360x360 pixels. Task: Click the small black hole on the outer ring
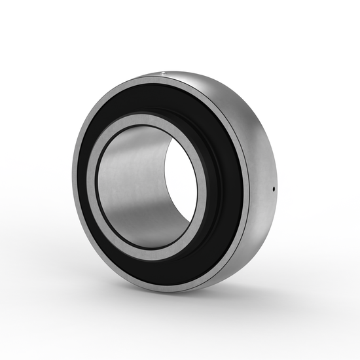pos(273,190)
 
